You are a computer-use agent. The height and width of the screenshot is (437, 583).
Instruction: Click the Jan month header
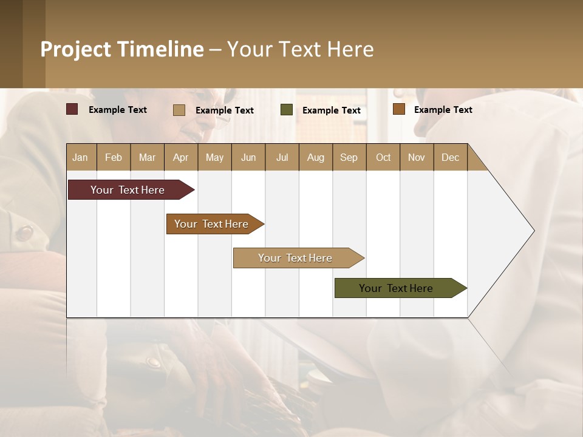point(81,157)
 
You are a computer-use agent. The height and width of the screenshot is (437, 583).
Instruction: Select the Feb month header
point(114,157)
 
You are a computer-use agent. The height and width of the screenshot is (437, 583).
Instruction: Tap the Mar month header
point(147,157)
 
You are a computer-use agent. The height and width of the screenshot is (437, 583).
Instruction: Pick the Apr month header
point(181,157)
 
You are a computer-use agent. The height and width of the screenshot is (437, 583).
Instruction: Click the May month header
point(214,157)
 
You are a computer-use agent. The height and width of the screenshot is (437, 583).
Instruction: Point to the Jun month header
point(248,157)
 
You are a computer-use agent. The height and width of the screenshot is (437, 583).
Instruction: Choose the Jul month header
point(282,157)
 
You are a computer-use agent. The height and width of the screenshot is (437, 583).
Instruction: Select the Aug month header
point(316,157)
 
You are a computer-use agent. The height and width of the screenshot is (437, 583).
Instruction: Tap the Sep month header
point(349,157)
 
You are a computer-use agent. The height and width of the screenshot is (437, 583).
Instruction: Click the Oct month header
point(383,157)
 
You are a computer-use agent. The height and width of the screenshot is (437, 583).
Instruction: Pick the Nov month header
point(417,157)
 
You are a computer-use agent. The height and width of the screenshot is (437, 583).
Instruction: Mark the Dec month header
point(451,157)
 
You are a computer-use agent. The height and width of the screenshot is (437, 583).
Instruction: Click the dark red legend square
point(72,109)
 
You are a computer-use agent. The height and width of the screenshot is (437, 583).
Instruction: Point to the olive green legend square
point(287,110)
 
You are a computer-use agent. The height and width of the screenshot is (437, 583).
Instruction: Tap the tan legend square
point(179,110)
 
